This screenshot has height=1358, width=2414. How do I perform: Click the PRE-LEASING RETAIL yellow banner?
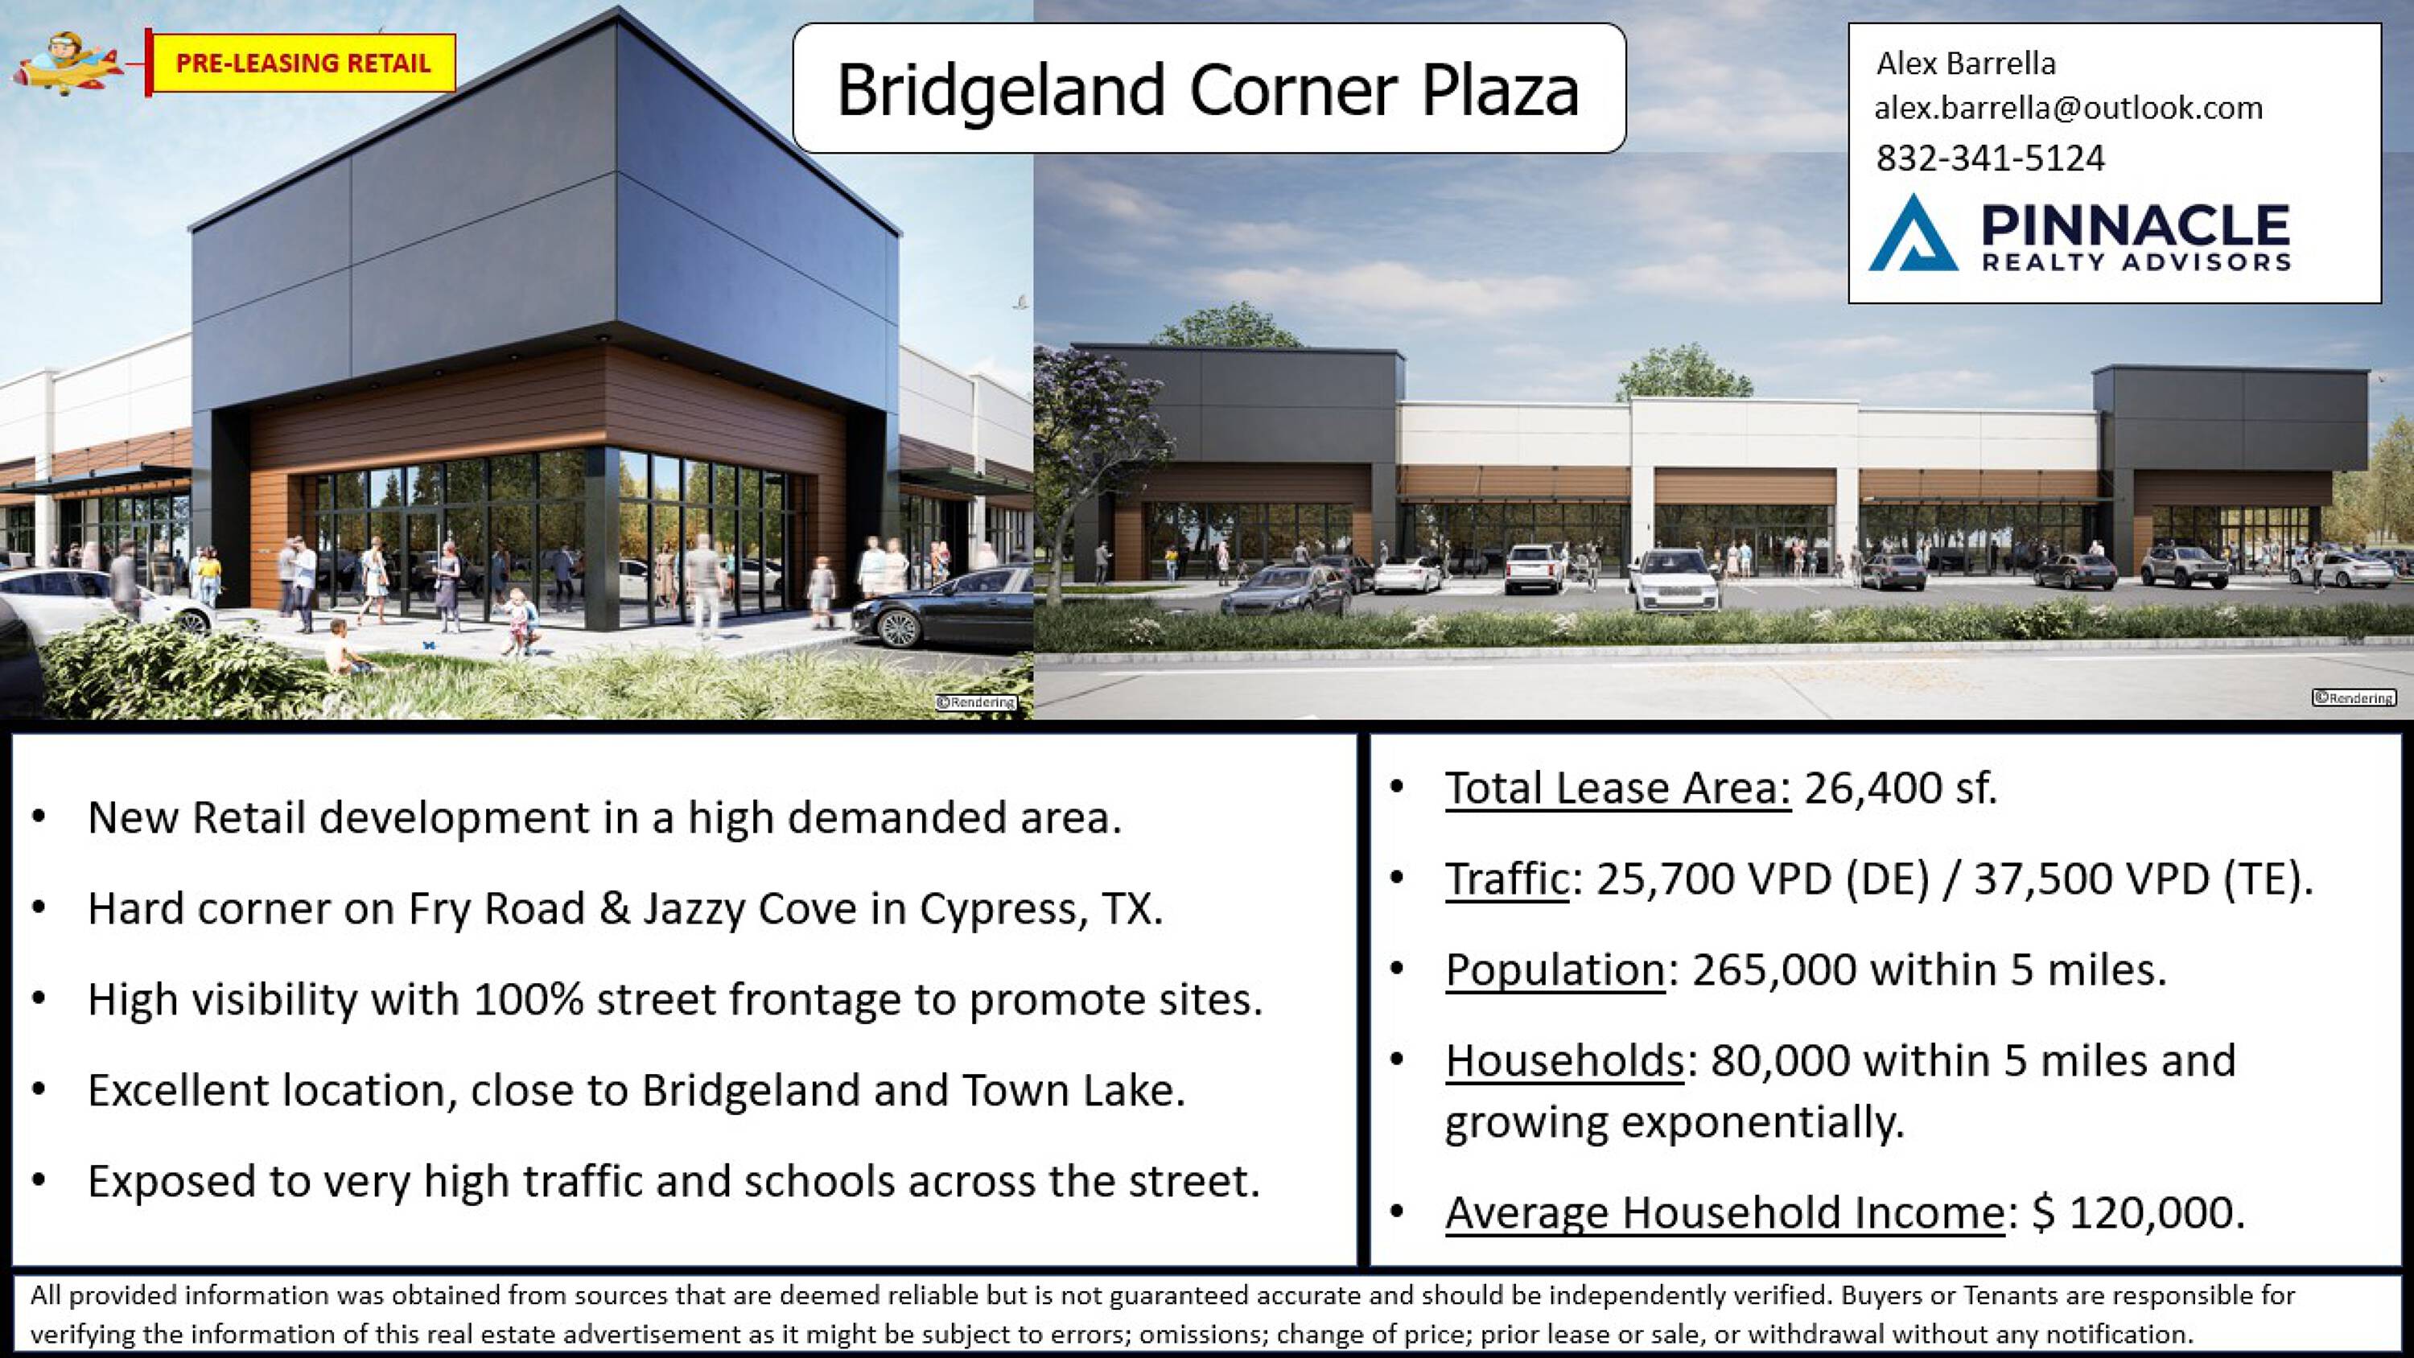click(303, 63)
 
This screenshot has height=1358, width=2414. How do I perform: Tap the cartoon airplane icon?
click(67, 63)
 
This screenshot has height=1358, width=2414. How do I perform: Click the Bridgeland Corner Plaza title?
click(1208, 89)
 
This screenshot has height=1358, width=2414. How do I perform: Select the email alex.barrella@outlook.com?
click(2068, 109)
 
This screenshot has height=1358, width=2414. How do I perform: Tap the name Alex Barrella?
click(1965, 63)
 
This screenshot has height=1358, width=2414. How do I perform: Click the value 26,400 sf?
click(1901, 788)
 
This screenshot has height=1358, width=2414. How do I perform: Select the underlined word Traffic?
click(1507, 879)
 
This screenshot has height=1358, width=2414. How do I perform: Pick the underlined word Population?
click(1555, 970)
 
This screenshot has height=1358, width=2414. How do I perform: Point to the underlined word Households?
click(1564, 1061)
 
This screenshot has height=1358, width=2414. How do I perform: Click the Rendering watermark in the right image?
click(2354, 698)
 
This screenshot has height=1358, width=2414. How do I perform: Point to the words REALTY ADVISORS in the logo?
click(2136, 261)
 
